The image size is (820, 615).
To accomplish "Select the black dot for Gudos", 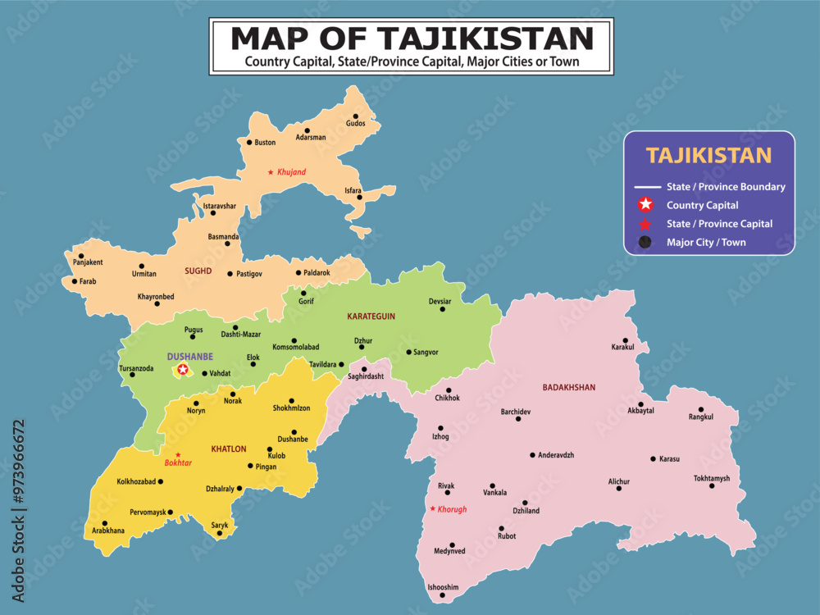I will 356,116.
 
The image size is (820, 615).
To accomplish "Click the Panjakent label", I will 88,262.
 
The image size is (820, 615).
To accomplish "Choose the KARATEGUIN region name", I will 371,316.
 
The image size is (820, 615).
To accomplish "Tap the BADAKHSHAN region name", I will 568,387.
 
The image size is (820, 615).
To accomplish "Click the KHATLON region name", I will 229,449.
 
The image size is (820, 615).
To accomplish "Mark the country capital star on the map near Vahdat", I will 183,370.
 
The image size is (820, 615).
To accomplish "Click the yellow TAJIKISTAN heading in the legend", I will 708,156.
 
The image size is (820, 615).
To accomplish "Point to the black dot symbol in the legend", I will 645,242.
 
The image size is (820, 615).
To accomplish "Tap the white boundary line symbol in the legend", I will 645,187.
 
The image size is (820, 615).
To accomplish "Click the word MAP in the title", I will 272,38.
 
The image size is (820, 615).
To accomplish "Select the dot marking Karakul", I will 625,340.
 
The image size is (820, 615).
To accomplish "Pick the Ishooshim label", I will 443,587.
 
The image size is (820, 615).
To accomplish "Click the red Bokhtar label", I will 178,462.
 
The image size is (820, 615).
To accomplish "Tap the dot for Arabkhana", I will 104,523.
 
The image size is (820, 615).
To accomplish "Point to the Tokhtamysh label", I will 711,478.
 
